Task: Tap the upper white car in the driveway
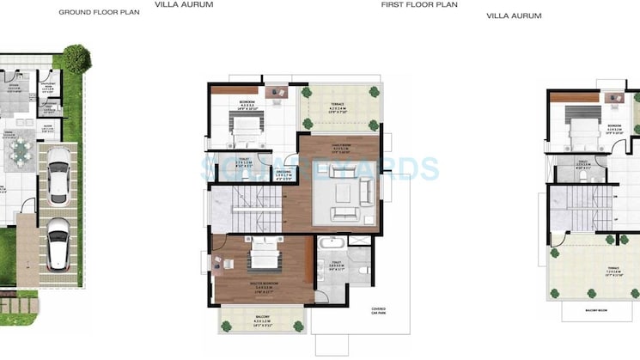pyautogui.click(x=58, y=175)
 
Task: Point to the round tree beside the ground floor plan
pyautogui.click(x=76, y=60)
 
